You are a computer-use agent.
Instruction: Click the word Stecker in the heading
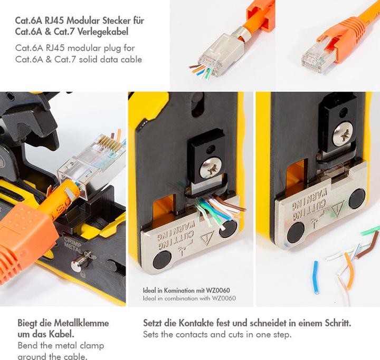[x=116, y=21]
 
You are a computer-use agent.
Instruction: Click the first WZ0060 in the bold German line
[x=218, y=290]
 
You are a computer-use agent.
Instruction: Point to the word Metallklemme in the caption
[x=81, y=323]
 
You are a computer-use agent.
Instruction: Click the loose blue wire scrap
[x=316, y=277]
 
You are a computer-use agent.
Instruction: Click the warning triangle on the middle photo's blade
[x=207, y=238]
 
